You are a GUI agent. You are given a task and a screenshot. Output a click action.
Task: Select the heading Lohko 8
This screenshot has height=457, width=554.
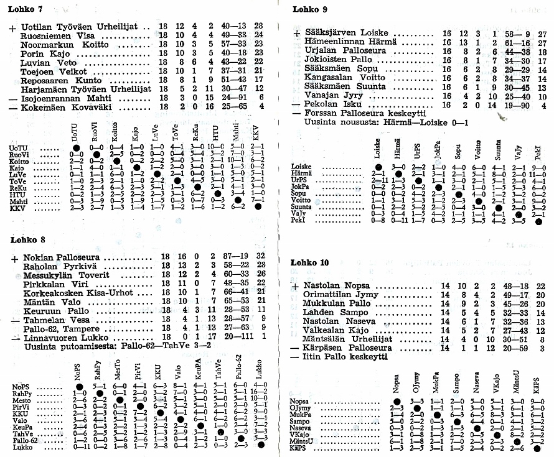tap(26, 240)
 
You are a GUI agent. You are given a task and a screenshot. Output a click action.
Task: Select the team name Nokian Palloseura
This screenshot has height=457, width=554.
tap(63, 257)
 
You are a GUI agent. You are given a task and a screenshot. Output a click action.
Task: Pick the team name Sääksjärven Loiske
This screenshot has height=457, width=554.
tap(346, 32)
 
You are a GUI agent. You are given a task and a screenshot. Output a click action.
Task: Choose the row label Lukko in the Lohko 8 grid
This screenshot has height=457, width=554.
tap(22, 446)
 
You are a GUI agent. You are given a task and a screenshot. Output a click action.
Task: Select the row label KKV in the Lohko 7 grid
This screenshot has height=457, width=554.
tap(18, 208)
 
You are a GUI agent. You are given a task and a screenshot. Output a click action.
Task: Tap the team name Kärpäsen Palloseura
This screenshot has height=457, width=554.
tap(348, 348)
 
